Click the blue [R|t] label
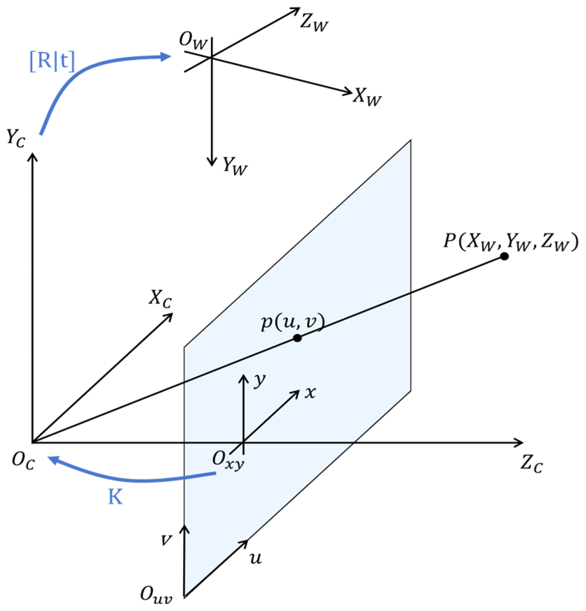point(52,61)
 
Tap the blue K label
point(115,497)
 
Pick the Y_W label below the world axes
point(235,166)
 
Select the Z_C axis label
point(531,464)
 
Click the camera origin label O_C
point(23,461)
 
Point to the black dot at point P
point(504,256)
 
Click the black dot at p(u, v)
point(297,338)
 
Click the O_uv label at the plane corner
point(156,595)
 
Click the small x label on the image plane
point(310,392)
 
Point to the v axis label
point(167,539)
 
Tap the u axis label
point(255,558)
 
